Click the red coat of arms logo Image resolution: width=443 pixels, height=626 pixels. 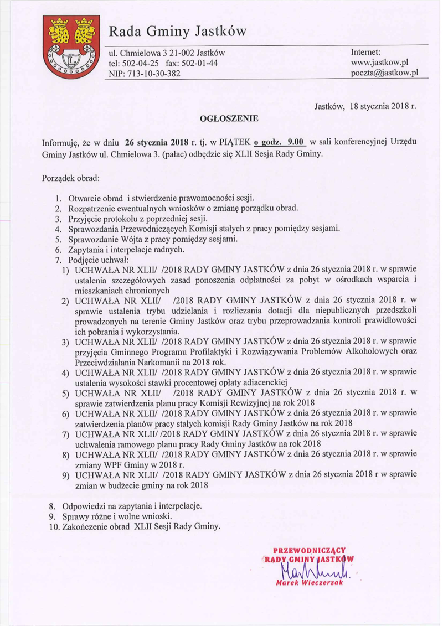(71, 47)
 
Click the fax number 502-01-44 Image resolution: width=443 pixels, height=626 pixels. (198, 64)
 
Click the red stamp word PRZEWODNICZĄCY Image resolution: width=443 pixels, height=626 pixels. (310, 550)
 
